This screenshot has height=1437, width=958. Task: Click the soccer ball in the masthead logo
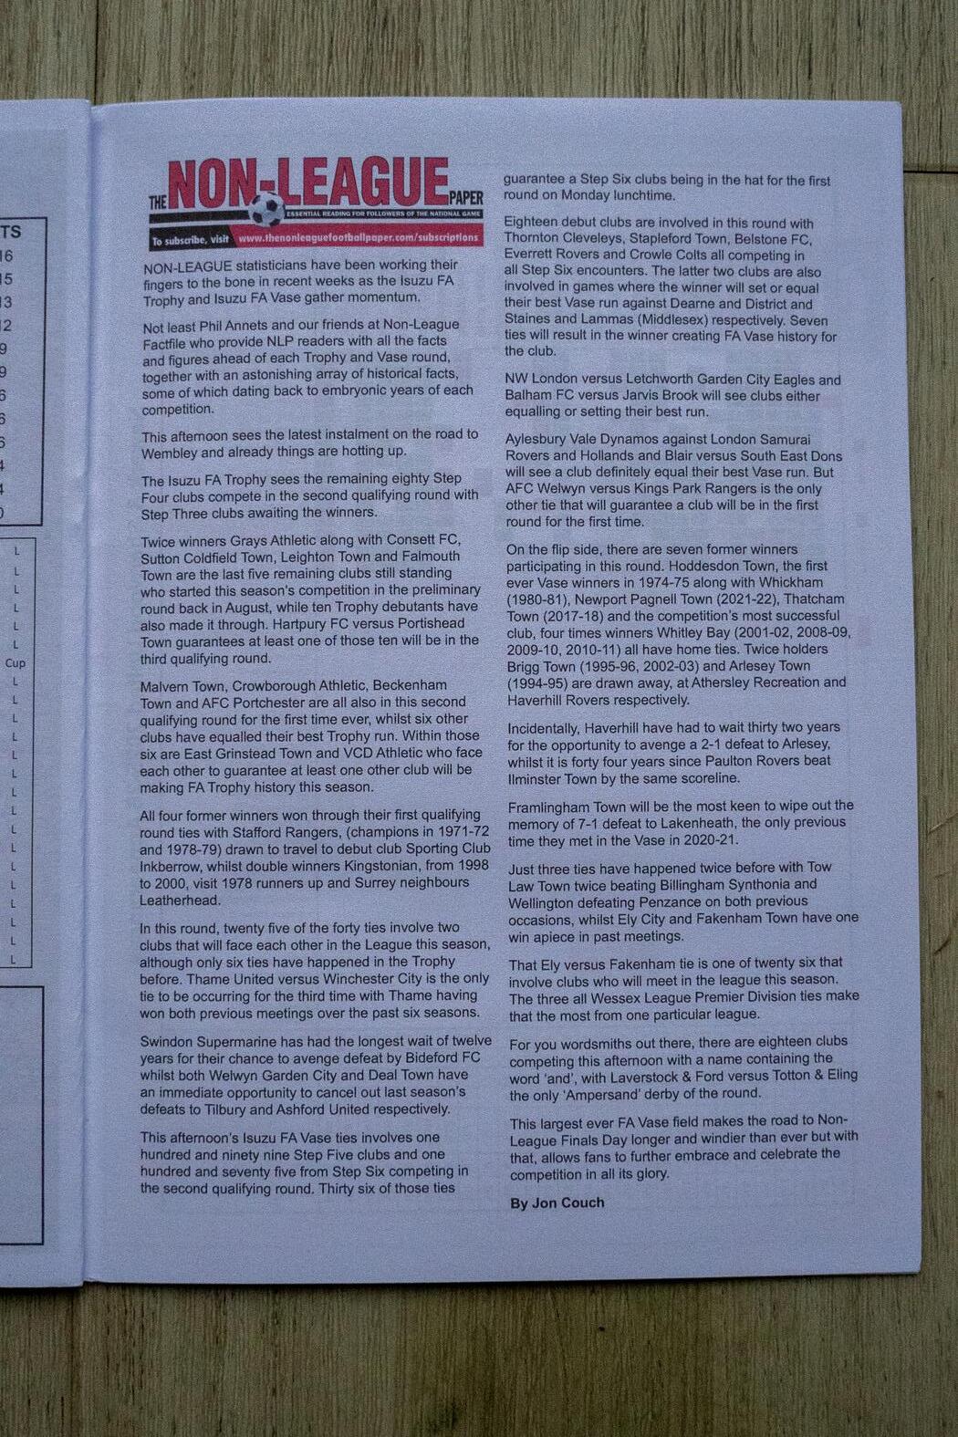266,211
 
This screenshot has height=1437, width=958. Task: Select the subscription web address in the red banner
358,237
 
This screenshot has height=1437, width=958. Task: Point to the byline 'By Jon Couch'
557,1203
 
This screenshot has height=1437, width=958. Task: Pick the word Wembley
170,453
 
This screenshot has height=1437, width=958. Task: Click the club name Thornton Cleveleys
562,239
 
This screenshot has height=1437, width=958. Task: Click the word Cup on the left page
16,663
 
